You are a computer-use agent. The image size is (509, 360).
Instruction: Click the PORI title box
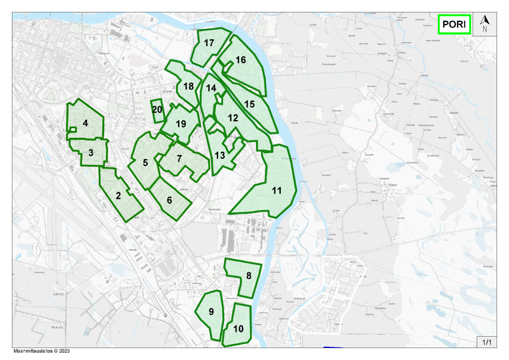454,24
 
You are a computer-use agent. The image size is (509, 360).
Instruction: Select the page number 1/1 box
487,342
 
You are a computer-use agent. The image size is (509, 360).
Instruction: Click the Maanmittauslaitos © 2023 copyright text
41,351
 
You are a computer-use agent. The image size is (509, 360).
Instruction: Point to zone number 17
209,43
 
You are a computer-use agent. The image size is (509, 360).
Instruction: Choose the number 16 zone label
241,60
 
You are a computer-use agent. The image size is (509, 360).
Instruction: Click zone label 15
250,104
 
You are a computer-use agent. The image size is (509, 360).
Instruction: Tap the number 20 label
158,109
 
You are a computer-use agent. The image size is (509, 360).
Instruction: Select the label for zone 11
276,190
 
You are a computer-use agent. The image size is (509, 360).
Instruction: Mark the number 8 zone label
249,275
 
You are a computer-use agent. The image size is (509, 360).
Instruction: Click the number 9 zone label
211,312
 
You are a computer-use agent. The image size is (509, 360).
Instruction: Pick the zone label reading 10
238,329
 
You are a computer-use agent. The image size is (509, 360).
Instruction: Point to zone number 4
85,123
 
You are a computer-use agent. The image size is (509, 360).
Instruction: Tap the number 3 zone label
91,153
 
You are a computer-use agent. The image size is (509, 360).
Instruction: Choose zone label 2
118,195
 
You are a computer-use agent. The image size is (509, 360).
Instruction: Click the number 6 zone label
170,200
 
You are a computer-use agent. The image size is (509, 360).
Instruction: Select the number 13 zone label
220,155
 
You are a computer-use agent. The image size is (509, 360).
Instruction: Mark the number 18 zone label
188,86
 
